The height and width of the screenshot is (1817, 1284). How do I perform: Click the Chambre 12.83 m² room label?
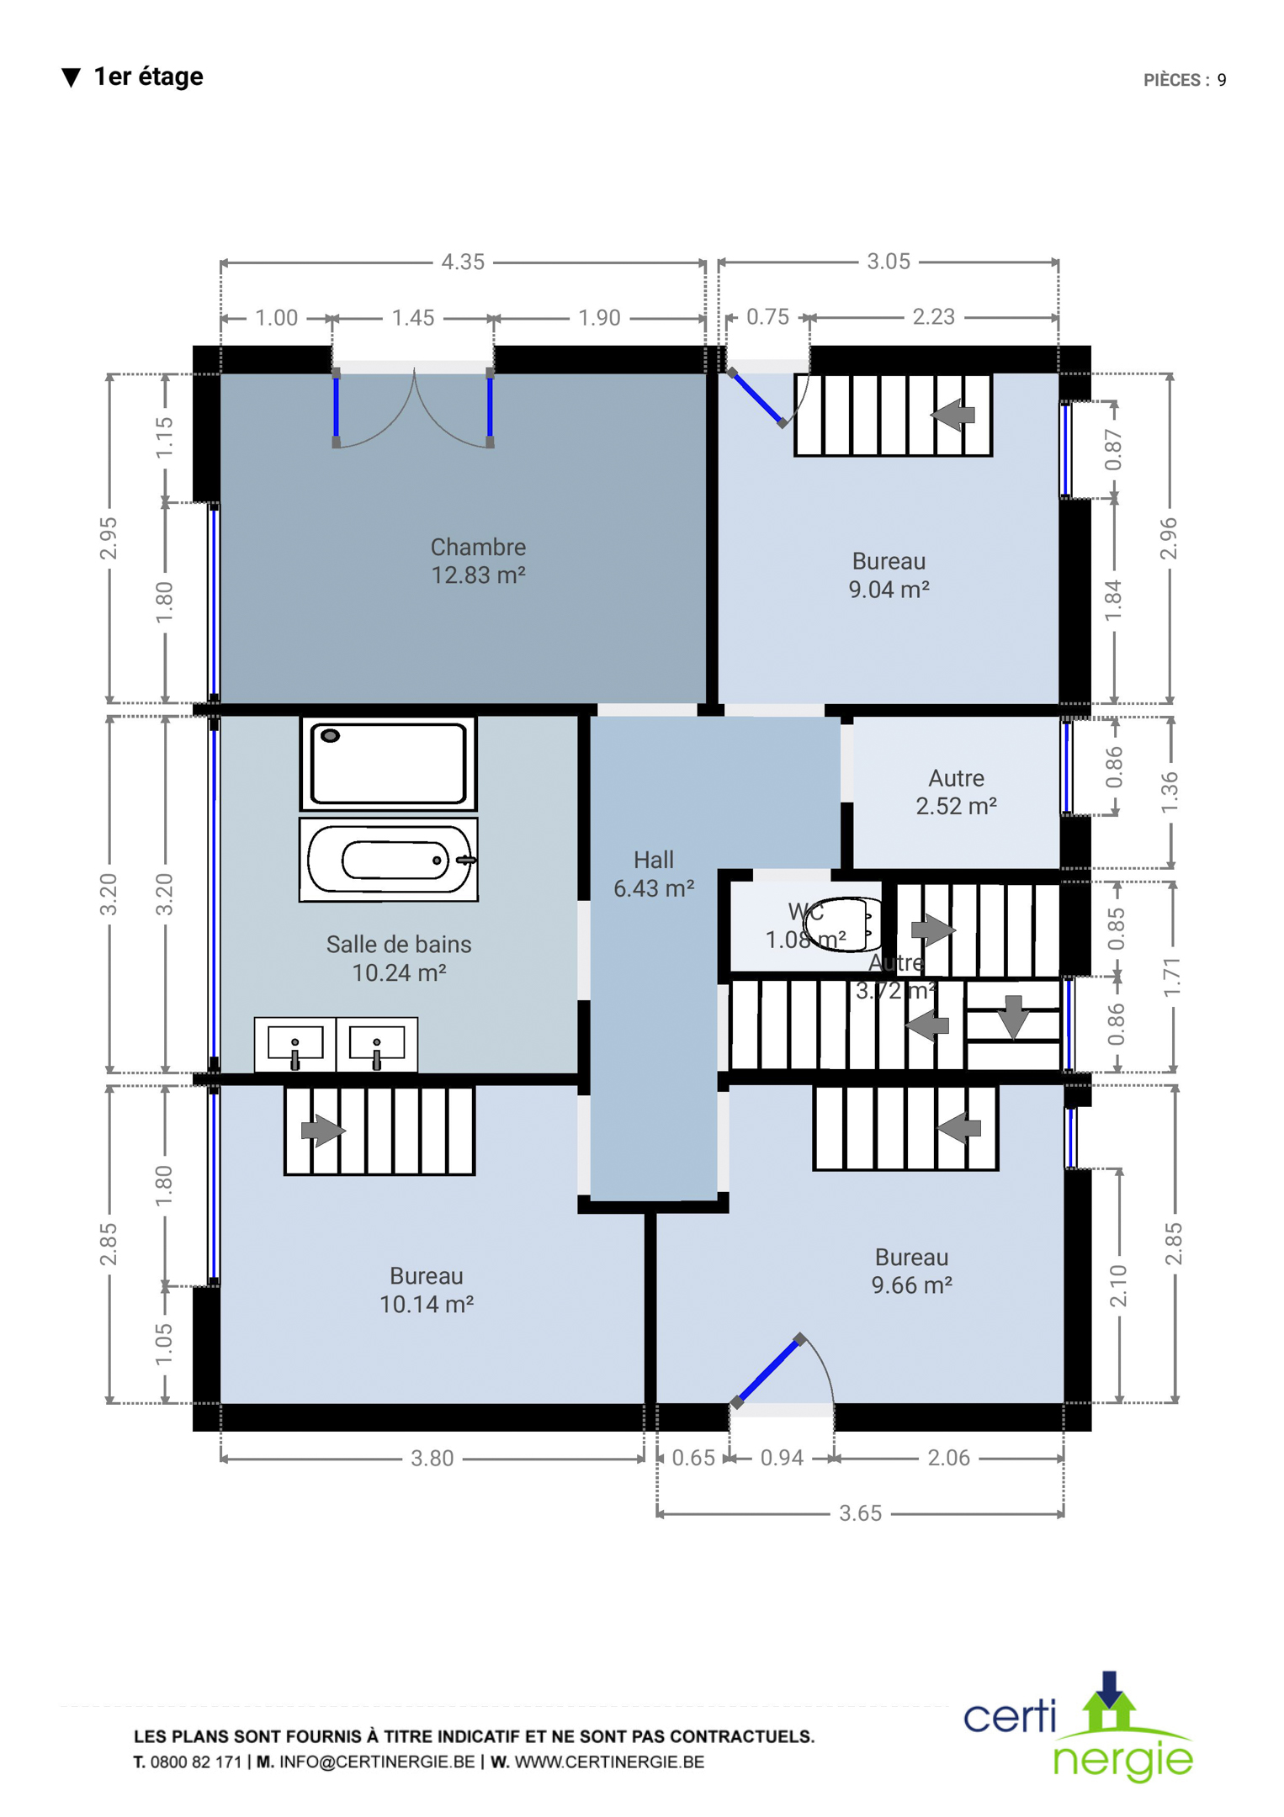[x=478, y=561]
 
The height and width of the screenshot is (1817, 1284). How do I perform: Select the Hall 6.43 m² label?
[x=654, y=874]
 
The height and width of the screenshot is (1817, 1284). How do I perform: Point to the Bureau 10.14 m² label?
[x=427, y=1290]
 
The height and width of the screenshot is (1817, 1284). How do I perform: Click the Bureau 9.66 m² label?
[x=911, y=1271]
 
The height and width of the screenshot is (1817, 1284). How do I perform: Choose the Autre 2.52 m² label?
[x=956, y=792]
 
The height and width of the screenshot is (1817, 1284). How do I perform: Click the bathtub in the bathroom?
[x=389, y=860]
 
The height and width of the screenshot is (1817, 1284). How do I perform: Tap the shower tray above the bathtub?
[x=388, y=764]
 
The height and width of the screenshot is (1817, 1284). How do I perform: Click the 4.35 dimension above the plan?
[x=463, y=262]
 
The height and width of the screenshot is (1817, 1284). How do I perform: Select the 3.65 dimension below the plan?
[x=860, y=1513]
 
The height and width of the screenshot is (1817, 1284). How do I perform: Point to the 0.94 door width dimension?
[x=782, y=1458]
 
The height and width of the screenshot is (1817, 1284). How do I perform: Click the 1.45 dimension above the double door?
[x=413, y=318]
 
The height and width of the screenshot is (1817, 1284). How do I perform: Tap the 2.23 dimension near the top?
[x=934, y=317]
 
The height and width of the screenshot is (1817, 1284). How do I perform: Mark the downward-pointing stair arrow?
[x=1014, y=1017]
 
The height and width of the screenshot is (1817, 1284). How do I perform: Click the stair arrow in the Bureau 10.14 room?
[x=323, y=1130]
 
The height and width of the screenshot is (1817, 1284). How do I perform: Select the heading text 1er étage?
[x=148, y=77]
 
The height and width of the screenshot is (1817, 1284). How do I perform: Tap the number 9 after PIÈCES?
[x=1222, y=80]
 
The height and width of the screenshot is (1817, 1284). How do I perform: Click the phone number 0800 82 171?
[x=196, y=1762]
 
